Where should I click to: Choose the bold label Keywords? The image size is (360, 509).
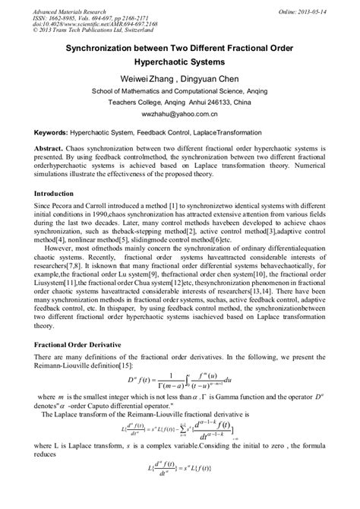coord(52,132)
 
